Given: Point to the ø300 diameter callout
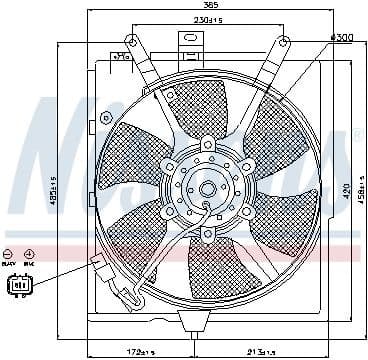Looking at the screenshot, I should tap(339, 37).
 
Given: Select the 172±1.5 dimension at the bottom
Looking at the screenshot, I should tap(133, 352).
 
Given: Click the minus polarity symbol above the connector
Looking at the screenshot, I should tap(9, 256).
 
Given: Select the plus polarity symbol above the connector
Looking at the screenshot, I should tap(28, 256).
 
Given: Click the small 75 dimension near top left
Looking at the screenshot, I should tap(121, 57).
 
